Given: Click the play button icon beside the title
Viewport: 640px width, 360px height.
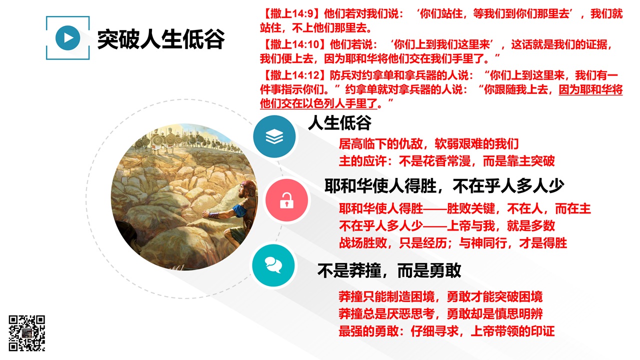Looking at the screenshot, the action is (x=67, y=37).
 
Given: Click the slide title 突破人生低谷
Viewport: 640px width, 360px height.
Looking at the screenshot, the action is (x=161, y=39).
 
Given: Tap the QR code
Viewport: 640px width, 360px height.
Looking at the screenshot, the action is (x=27, y=333).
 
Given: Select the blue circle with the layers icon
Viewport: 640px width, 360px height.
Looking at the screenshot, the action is (x=274, y=136).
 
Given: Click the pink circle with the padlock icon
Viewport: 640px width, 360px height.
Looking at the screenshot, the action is (x=286, y=200).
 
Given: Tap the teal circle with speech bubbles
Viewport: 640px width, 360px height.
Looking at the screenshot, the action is (x=273, y=265).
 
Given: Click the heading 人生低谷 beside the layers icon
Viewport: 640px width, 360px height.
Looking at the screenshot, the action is (x=339, y=123).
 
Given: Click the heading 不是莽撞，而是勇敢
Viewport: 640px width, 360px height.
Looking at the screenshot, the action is (x=389, y=270).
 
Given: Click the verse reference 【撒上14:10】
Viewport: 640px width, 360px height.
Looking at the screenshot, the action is (x=294, y=44).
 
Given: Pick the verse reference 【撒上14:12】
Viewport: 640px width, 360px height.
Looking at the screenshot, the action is (x=294, y=75).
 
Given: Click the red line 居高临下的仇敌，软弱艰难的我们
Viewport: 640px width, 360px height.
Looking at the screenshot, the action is (x=428, y=143).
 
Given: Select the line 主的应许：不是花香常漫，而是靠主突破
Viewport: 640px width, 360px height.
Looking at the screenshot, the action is (x=446, y=161).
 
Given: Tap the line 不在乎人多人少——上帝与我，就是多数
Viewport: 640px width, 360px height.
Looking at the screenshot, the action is (x=446, y=225).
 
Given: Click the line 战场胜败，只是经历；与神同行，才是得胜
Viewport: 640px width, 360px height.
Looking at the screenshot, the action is (x=453, y=243).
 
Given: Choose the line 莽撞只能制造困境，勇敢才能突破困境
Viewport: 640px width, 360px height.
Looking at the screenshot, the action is (x=440, y=296).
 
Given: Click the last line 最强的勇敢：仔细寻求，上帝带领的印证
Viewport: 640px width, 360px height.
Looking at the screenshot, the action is (x=446, y=331).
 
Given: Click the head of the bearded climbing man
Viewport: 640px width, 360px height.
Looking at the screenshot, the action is (x=246, y=189).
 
